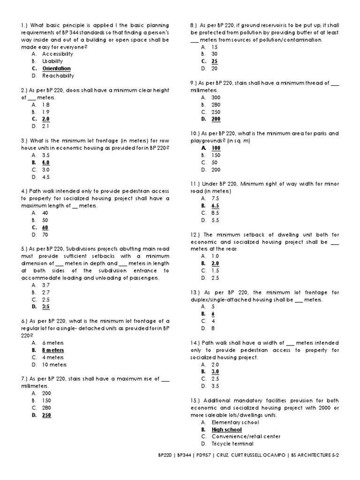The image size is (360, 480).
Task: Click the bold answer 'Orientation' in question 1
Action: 56,68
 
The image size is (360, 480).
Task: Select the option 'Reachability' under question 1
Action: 58,75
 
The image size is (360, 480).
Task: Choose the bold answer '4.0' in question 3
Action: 46,162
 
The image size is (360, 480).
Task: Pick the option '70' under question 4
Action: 45,234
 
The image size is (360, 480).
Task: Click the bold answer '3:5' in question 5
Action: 46,307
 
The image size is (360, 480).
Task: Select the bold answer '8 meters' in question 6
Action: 53,350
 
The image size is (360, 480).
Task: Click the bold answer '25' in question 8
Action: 215,61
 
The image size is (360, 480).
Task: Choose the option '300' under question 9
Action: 216,97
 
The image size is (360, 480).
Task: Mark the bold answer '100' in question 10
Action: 216,148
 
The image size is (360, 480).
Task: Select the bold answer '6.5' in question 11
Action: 216,206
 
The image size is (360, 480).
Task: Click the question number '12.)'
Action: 196,234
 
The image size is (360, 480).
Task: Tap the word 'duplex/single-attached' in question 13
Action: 218,300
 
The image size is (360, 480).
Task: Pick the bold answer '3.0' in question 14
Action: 216,372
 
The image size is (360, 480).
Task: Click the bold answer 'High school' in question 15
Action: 227,429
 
